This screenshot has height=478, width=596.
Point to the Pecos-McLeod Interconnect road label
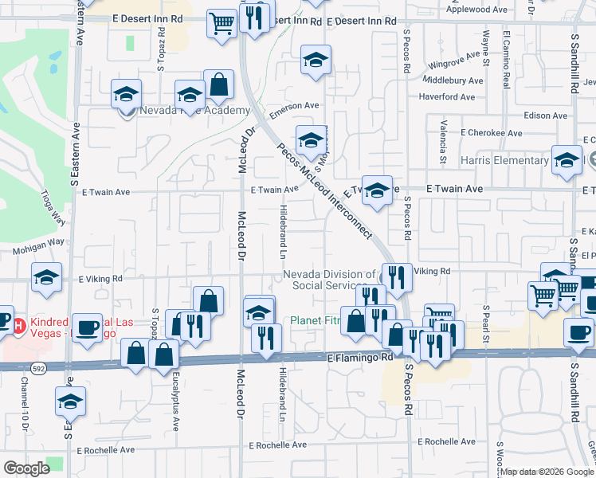324,191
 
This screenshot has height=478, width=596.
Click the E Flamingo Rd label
361,358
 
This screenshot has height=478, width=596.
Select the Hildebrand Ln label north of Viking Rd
282,232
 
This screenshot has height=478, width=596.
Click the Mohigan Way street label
37,250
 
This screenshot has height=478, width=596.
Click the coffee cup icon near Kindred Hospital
87,328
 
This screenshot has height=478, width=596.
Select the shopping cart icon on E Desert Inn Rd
222,24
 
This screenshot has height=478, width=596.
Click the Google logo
26,468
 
